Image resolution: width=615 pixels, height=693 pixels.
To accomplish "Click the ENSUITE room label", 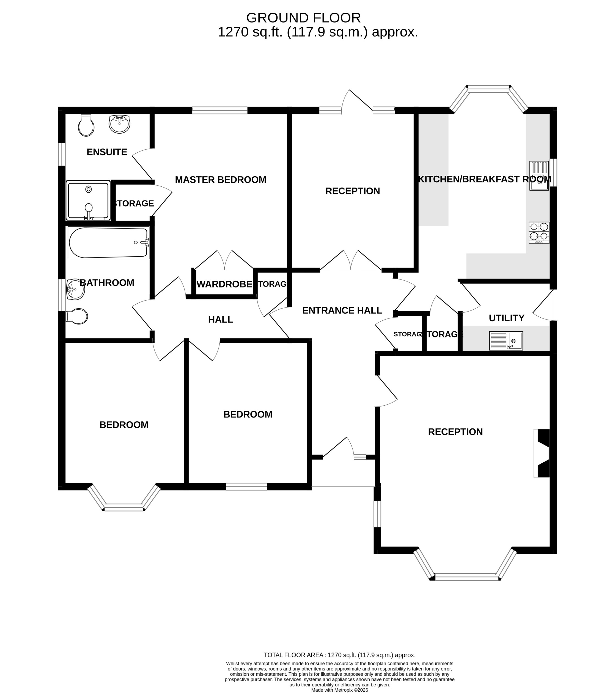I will tap(107, 152).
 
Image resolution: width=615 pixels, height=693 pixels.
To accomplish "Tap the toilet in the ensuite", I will tap(86, 125).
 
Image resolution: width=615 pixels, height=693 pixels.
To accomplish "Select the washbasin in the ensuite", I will tap(119, 124).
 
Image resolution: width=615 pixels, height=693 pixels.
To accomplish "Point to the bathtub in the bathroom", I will tap(108, 243).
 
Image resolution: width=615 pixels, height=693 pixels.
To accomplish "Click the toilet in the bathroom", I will tap(77, 316).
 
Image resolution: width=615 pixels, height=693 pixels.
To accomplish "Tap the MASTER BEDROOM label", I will tap(220, 180).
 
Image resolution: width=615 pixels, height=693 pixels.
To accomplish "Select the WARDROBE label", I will tap(224, 284).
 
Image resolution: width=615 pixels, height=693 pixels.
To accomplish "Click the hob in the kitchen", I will tap(539, 233).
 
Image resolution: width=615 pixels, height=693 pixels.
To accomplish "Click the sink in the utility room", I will tap(506, 341).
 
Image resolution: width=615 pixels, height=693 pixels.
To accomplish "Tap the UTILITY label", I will tap(507, 318).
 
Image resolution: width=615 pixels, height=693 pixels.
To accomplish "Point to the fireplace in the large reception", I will tap(542, 453).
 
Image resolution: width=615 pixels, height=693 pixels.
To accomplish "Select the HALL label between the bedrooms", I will tap(220, 319).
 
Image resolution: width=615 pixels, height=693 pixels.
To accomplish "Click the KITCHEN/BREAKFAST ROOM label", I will tap(485, 179).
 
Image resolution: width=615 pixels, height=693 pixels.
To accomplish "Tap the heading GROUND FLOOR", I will tap(303, 18).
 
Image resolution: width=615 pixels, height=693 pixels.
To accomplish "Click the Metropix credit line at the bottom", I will tap(339, 690).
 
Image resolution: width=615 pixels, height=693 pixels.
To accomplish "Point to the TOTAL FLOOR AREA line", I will tap(339, 655).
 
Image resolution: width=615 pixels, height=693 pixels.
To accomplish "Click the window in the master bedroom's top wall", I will tap(220, 110).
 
